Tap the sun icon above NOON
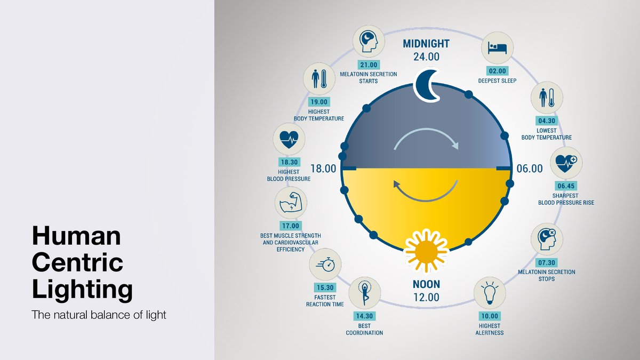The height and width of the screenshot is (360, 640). click(426, 249)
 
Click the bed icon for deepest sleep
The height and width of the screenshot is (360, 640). click(497, 48)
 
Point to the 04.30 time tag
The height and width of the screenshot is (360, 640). click(547, 121)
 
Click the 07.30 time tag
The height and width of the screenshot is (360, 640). click(547, 263)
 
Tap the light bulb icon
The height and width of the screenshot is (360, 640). click(489, 293)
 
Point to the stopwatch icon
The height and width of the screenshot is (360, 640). click(325, 265)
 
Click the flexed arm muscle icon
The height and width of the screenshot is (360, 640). click(291, 203)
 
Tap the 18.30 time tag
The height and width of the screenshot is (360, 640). click(289, 163)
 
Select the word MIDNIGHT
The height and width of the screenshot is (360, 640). click(426, 44)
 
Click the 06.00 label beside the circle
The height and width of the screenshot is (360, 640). click(530, 169)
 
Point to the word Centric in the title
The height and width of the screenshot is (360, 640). click(77, 262)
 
